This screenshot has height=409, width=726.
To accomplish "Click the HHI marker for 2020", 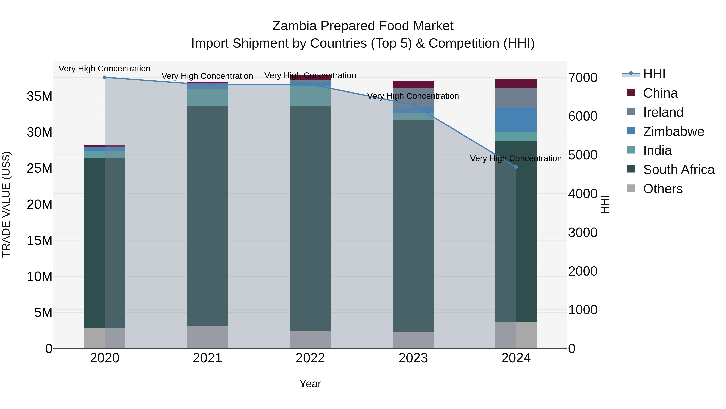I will coord(104,77).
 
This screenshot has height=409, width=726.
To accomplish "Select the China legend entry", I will coord(660,93).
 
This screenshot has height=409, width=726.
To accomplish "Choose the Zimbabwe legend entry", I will coord(673,131).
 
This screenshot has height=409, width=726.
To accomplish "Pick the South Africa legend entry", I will coord(678,170).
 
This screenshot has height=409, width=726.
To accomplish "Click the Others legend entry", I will coord(663,189).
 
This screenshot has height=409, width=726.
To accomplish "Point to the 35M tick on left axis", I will coord(40,96).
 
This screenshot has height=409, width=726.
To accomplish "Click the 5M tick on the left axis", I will coord(43,312).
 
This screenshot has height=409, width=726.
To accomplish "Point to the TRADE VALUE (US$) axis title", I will coord(6,204).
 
